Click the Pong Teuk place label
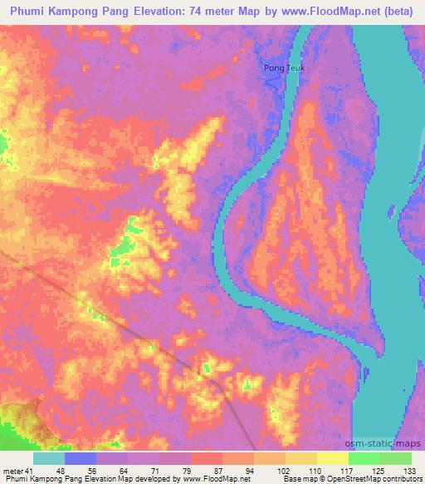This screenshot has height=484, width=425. pos(279,69)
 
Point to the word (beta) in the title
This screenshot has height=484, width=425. pos(393,12)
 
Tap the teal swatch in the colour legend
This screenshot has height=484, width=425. pos(49,458)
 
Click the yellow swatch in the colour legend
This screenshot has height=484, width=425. pos(301,458)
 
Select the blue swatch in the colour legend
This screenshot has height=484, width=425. pos(81,458)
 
